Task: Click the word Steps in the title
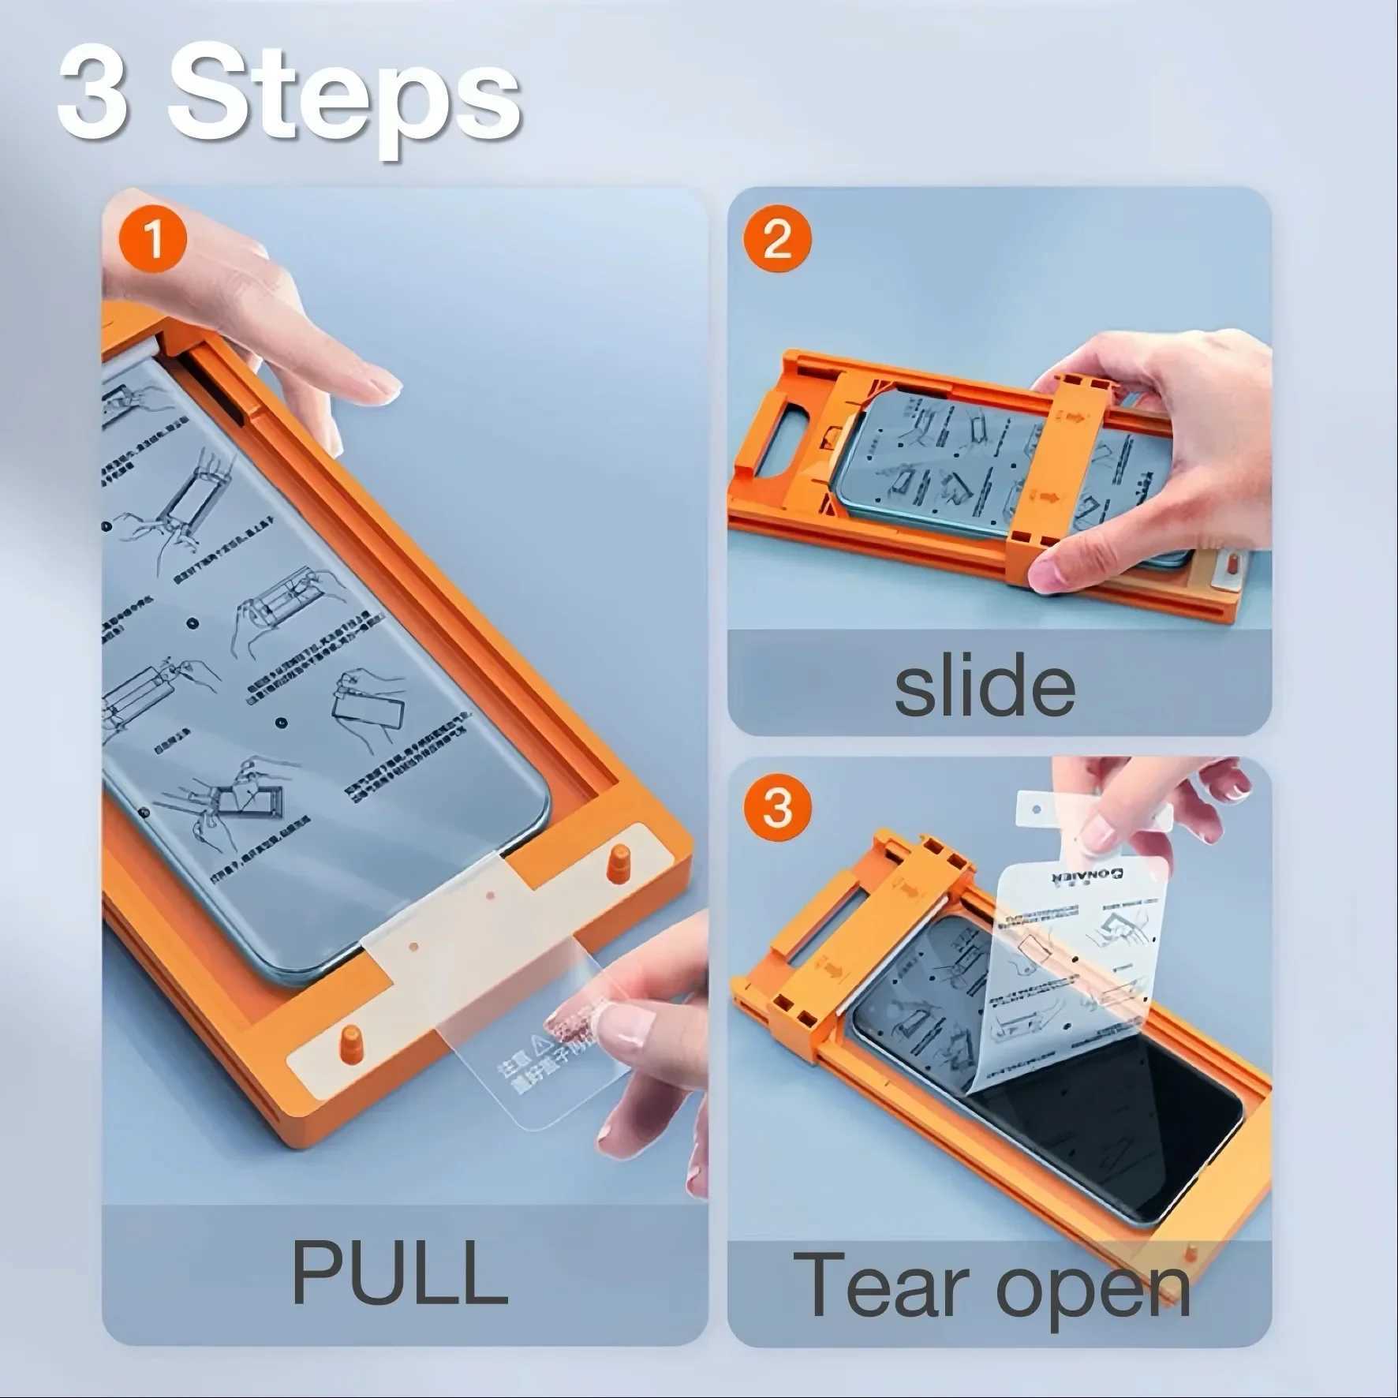345,99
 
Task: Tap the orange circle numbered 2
777,238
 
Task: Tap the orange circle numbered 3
777,807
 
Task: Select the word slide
984,685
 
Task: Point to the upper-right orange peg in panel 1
619,862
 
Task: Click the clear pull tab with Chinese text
536,1057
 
